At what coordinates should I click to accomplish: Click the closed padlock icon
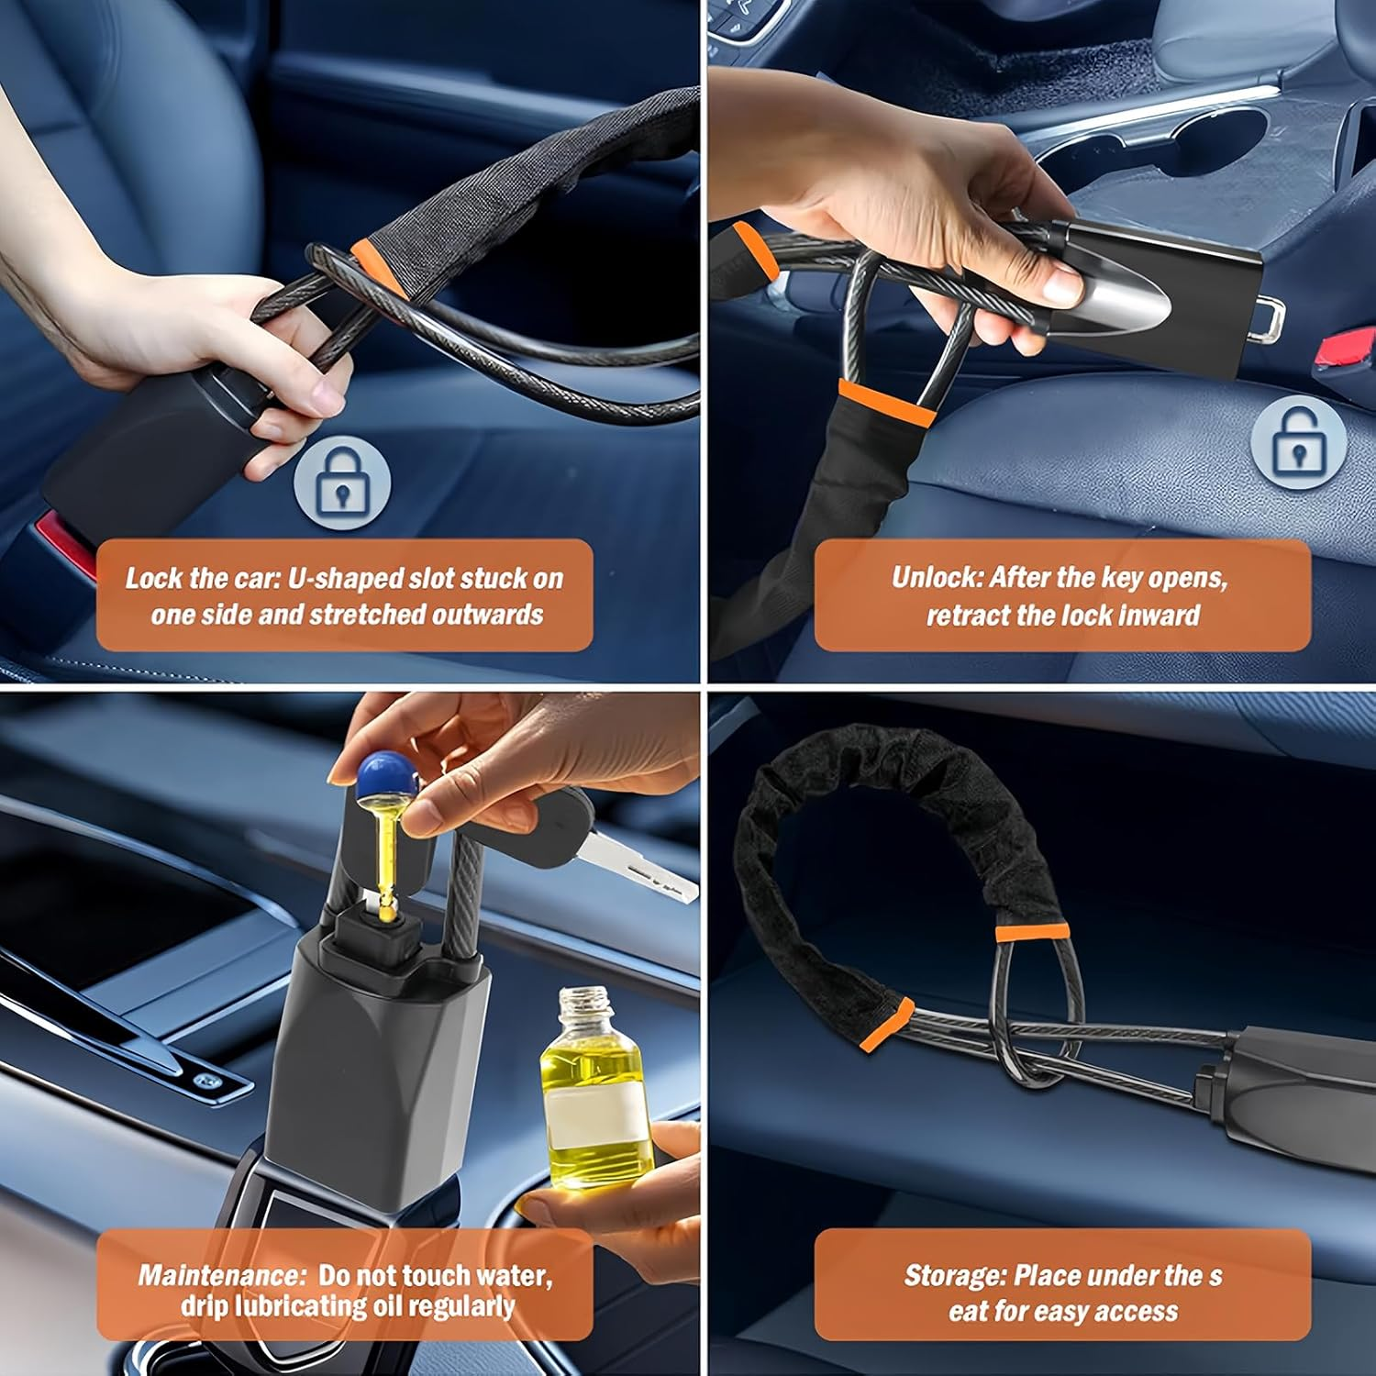coord(342,484)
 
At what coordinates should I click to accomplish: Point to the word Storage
coord(952,1275)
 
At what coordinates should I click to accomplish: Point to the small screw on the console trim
coord(202,1080)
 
